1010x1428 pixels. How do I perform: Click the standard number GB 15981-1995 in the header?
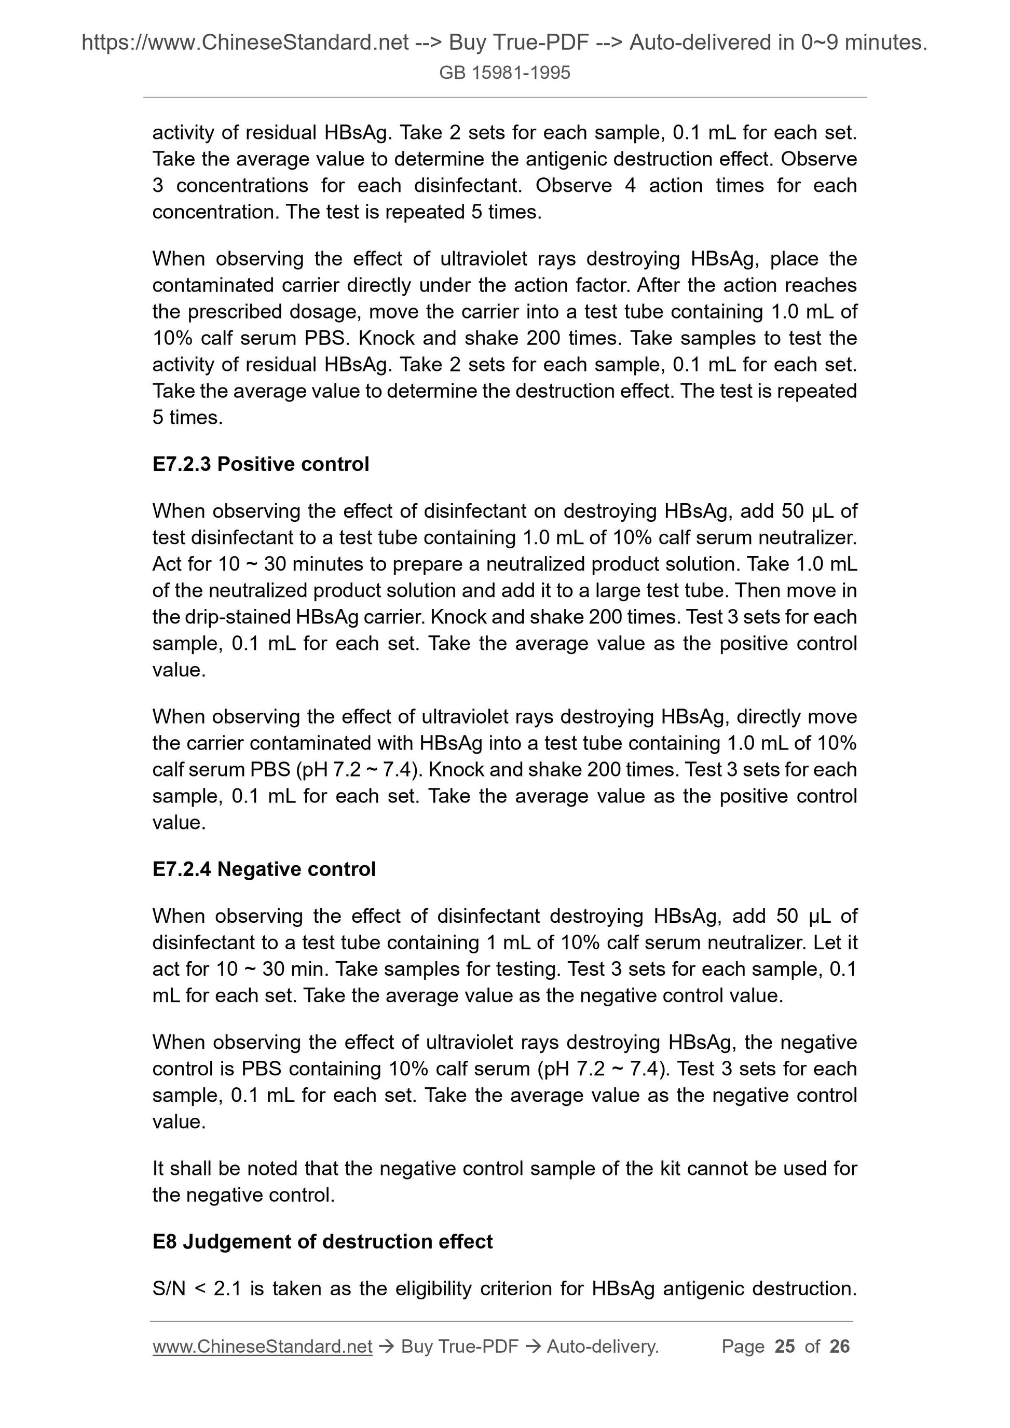coord(504,73)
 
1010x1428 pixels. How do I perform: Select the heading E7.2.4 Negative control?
coord(263,869)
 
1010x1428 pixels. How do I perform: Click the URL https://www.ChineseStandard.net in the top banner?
coord(245,43)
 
